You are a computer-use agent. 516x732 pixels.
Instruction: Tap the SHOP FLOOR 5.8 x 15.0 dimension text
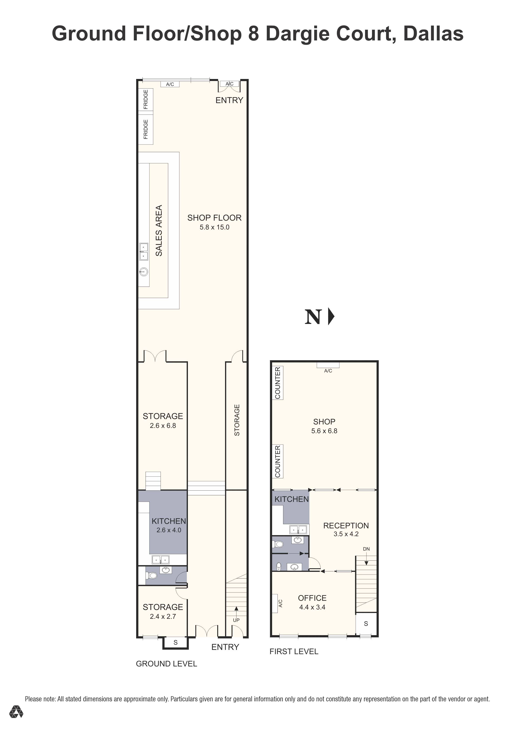pos(215,227)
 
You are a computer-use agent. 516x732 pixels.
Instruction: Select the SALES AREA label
pos(159,230)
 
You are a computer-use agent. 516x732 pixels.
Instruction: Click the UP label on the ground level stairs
pos(236,620)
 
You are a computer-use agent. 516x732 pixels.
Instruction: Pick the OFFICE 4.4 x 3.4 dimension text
pos(312,607)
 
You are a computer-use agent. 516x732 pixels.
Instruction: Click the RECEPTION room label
pos(346,526)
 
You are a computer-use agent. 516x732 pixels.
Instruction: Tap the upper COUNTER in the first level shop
pos(278,383)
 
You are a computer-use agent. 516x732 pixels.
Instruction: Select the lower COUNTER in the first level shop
pos(278,461)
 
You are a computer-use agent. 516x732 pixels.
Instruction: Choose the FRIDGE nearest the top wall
pos(146,100)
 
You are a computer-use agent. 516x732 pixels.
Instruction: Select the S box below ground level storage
pos(175,643)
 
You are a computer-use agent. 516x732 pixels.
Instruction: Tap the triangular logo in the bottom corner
pos(16,712)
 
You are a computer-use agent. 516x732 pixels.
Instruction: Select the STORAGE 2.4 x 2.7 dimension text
pos(163,616)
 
